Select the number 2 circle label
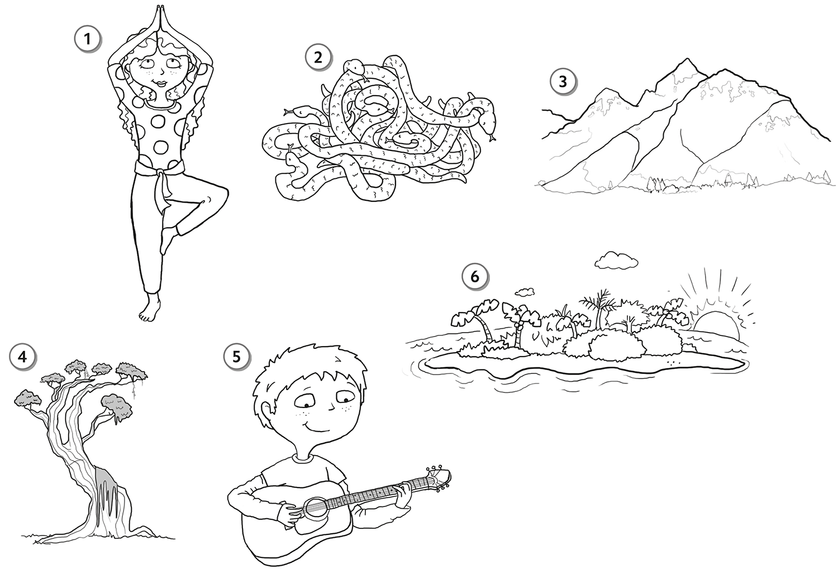click(x=318, y=58)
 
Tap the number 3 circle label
click(x=563, y=82)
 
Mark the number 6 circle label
click(x=475, y=277)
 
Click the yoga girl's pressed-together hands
click(x=160, y=17)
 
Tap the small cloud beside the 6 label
click(x=523, y=292)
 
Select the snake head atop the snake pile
click(x=354, y=67)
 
